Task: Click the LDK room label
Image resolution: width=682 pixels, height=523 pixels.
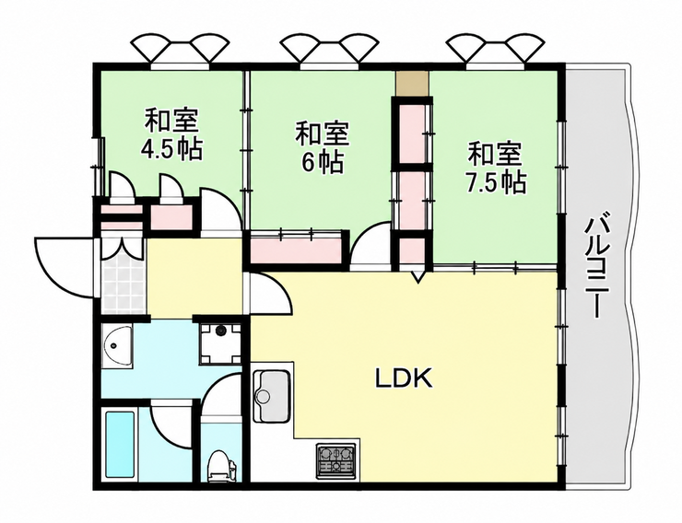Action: click(404, 378)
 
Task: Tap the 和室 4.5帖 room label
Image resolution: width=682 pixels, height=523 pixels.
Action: click(171, 134)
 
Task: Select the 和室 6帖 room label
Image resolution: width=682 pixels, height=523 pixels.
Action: click(323, 146)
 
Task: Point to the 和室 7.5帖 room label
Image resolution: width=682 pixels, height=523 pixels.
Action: click(496, 168)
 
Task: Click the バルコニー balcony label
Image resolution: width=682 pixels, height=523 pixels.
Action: click(594, 266)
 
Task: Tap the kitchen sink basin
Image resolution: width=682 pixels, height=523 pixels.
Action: click(272, 396)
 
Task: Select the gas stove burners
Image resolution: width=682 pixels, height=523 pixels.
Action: click(335, 459)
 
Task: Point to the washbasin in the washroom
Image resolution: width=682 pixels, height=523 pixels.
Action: click(116, 346)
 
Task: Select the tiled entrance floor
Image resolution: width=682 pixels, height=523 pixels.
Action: click(123, 285)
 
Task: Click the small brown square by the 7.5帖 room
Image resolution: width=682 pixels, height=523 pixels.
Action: click(412, 84)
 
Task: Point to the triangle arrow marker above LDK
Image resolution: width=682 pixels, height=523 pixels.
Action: click(418, 276)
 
